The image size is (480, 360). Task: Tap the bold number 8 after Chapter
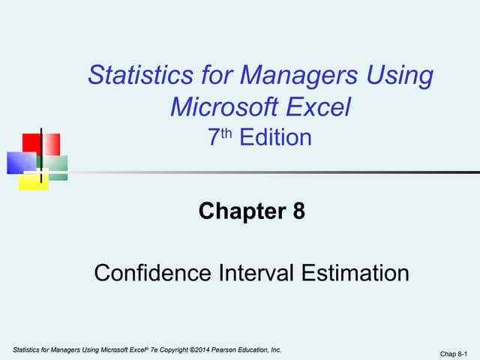(298, 212)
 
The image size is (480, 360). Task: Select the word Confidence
(154, 272)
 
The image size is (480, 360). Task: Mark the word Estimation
(356, 272)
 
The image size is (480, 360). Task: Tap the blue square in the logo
(21, 162)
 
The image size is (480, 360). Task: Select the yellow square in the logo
(34, 180)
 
